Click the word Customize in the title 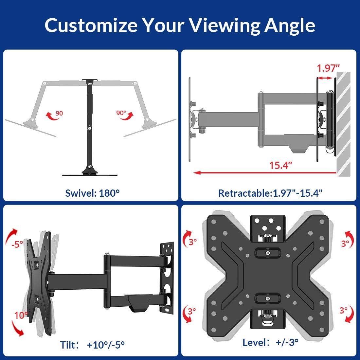click(x=91, y=25)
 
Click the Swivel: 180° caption click(x=92, y=193)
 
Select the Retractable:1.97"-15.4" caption click(x=270, y=193)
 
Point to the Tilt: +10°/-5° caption click(x=92, y=345)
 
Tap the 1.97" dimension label click(x=328, y=68)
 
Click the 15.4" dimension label click(x=280, y=165)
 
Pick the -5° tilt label click(x=16, y=244)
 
